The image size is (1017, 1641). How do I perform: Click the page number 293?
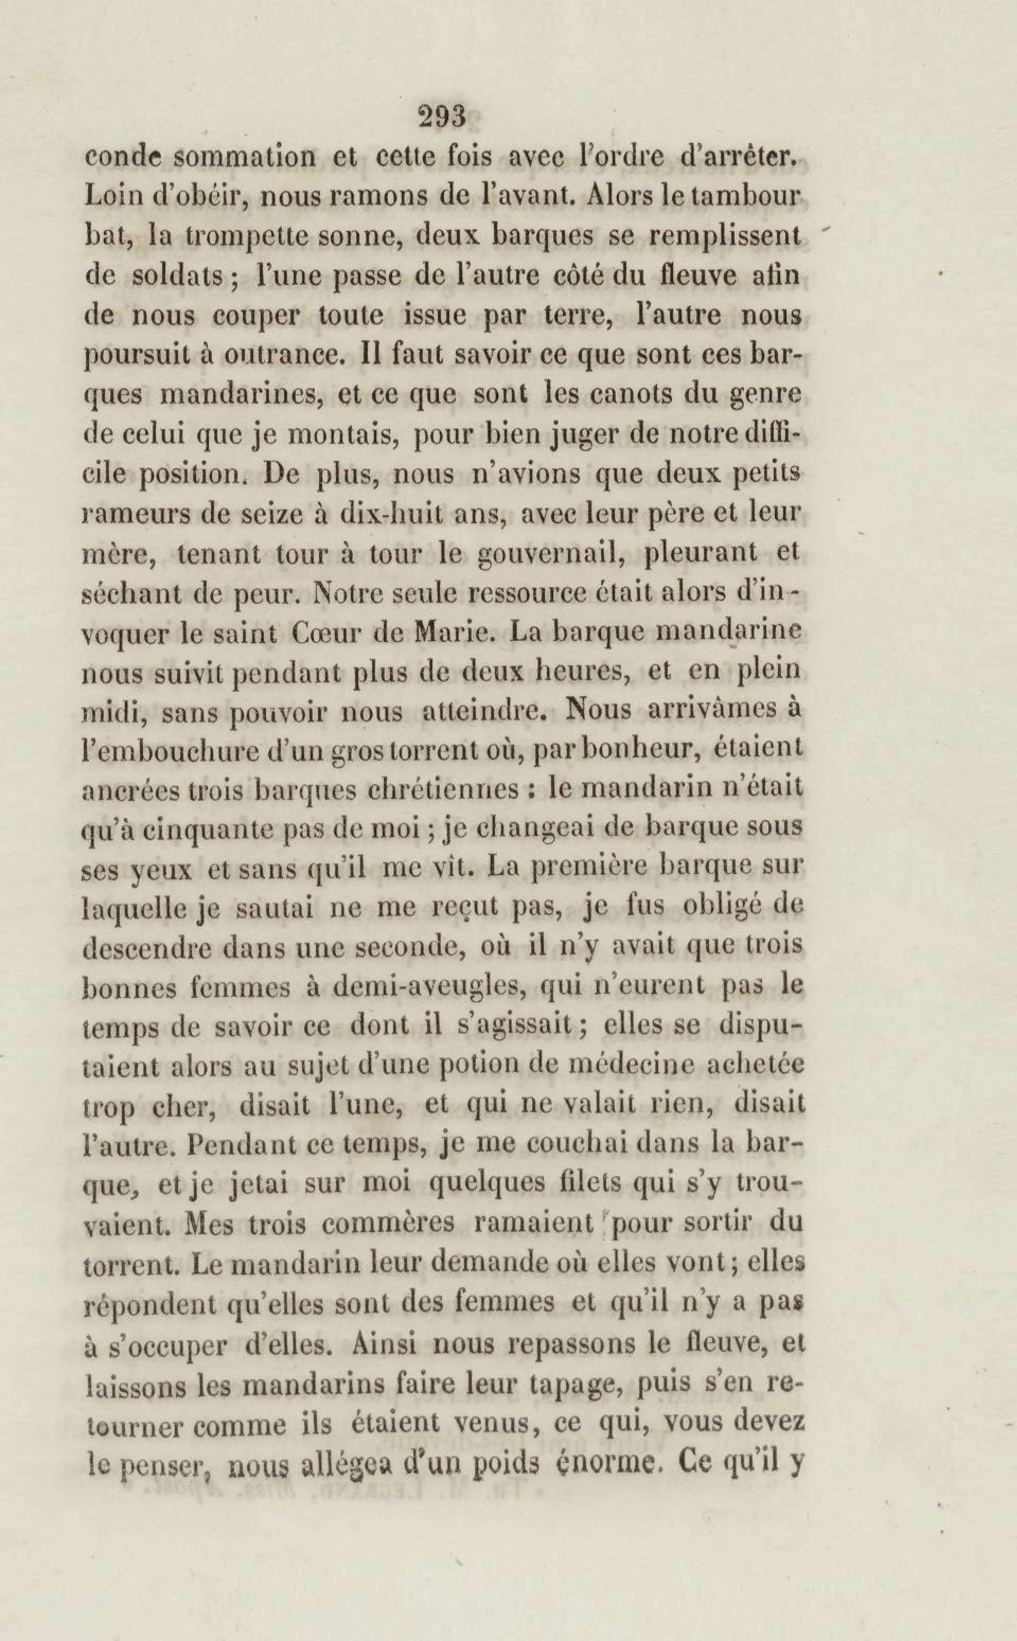pos(442,117)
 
